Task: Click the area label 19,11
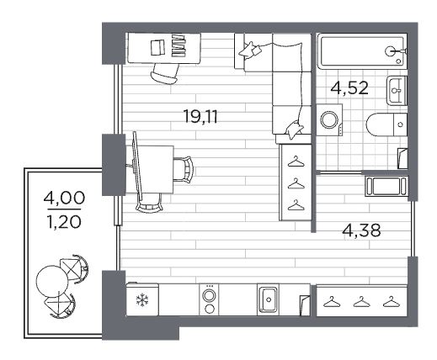pyautogui.click(x=200, y=116)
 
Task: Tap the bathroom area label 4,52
pyautogui.click(x=349, y=88)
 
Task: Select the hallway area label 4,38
pyautogui.click(x=362, y=230)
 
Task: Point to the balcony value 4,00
pyautogui.click(x=64, y=198)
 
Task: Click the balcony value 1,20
pyautogui.click(x=65, y=222)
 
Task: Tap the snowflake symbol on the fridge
pyautogui.click(x=142, y=300)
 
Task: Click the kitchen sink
pyautogui.click(x=268, y=299)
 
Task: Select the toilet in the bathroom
pyautogui.click(x=386, y=124)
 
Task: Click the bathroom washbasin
pyautogui.click(x=397, y=91)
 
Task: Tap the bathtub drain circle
pyautogui.click(x=398, y=61)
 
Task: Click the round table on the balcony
pyautogui.click(x=52, y=281)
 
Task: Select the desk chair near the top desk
pyautogui.click(x=165, y=73)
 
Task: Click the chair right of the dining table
pyautogui.click(x=184, y=169)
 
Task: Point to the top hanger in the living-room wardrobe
pyautogui.click(x=296, y=161)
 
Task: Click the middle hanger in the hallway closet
pyautogui.click(x=361, y=302)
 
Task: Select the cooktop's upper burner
pyautogui.click(x=209, y=296)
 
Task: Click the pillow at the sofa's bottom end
pyautogui.click(x=294, y=130)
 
